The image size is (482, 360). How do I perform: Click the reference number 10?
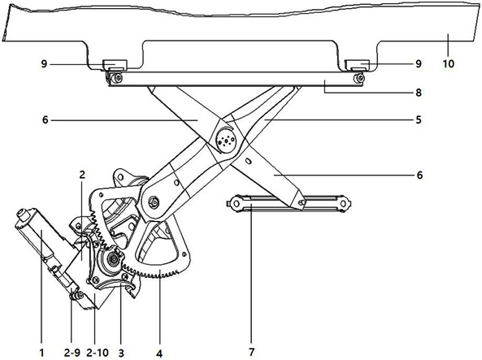pos(448,64)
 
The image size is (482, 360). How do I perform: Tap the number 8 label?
pos(419,93)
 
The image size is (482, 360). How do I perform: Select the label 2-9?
pos(72,353)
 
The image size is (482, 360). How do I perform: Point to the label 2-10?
pos(98,353)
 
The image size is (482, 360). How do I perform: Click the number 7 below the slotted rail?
pos(252,353)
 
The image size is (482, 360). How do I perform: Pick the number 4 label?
pos(159,353)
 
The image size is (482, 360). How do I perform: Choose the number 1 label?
pos(41,353)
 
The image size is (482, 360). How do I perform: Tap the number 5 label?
pos(419,119)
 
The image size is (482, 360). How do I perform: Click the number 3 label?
pos(121,353)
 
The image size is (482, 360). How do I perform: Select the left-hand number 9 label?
pos(44,64)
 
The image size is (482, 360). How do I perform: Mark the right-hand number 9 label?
pos(419,63)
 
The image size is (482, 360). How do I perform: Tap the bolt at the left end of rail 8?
pos(116,78)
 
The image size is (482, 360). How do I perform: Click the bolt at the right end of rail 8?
pos(358,78)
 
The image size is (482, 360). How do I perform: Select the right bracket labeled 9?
pos(357,65)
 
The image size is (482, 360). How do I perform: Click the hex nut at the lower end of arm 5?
pos(153,202)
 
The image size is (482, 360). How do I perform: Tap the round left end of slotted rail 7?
pos(236,203)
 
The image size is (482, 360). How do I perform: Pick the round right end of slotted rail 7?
pos(344,203)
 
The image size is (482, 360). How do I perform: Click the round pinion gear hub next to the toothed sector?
pos(114,260)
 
